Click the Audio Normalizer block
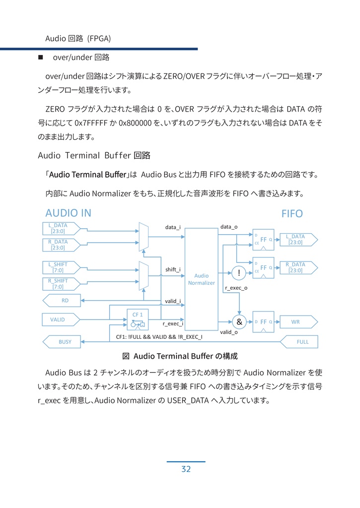(x=201, y=279)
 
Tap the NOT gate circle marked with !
(x=239, y=272)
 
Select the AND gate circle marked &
(x=239, y=322)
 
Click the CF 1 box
(x=137, y=319)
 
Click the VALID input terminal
(x=60, y=319)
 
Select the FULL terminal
(x=299, y=342)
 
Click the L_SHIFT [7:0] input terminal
(x=60, y=267)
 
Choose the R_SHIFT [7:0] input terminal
(x=60, y=284)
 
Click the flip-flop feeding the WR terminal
(x=263, y=322)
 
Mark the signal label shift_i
(x=173, y=269)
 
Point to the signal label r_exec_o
(x=236, y=288)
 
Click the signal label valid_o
(x=228, y=332)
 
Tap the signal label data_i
(x=173, y=227)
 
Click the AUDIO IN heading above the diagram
(x=68, y=213)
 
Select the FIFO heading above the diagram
(x=291, y=214)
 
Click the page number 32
(x=186, y=469)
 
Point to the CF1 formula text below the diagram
(x=159, y=336)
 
